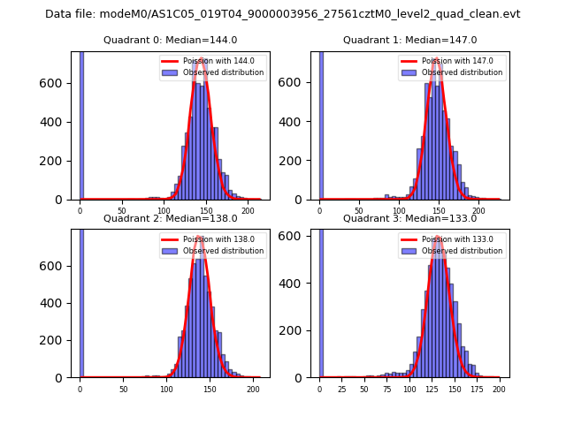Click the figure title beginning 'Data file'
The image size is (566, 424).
pyautogui.click(x=283, y=14)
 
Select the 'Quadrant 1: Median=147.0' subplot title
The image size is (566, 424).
pyautogui.click(x=410, y=40)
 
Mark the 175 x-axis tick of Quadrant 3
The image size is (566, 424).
pyautogui.click(x=477, y=390)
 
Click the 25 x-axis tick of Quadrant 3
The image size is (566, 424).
pyautogui.click(x=342, y=390)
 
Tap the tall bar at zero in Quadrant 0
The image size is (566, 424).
pyautogui.click(x=81, y=124)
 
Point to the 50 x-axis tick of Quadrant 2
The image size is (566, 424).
pyautogui.click(x=123, y=390)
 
